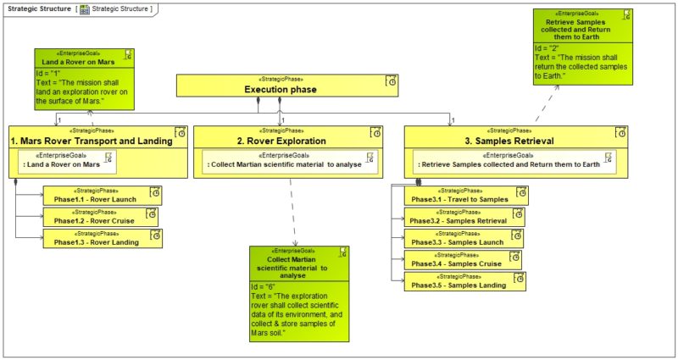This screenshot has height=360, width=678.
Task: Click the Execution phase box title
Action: (x=280, y=88)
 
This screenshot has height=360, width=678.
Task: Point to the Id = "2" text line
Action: (x=547, y=48)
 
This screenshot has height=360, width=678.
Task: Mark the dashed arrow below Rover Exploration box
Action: (x=292, y=212)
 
